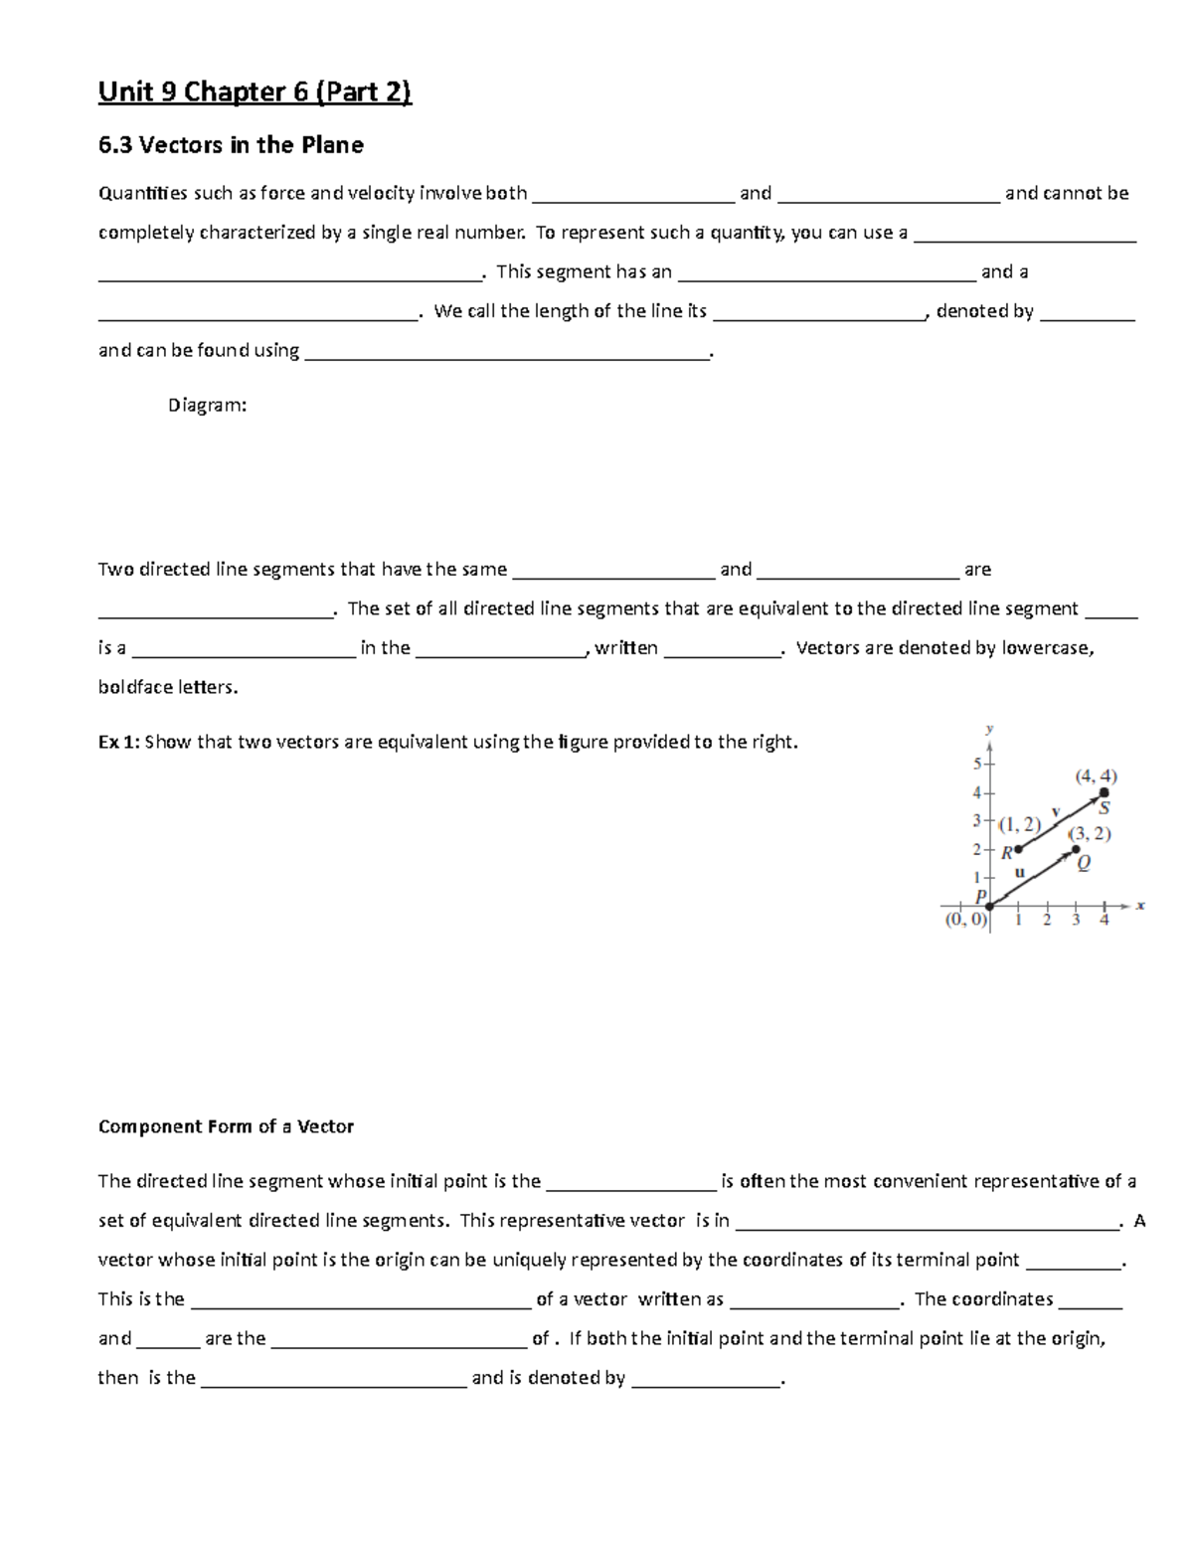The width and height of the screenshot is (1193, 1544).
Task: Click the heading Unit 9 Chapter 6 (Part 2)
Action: click(254, 92)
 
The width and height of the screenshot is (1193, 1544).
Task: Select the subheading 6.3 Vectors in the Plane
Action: click(231, 145)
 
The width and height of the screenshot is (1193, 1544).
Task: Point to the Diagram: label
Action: click(207, 406)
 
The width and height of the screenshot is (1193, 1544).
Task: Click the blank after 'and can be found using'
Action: click(507, 351)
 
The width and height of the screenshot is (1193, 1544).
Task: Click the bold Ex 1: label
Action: click(119, 742)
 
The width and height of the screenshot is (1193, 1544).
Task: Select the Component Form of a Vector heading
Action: click(226, 1126)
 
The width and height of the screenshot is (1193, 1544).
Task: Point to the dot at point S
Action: click(1104, 792)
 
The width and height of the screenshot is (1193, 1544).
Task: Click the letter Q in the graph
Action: click(1084, 864)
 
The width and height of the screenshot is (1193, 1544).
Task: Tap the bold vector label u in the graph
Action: click(1019, 872)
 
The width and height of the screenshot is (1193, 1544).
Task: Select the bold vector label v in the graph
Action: click(1055, 810)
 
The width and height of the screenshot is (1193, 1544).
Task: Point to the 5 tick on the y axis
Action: click(976, 764)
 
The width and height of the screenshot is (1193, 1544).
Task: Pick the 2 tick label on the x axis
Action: click(1046, 921)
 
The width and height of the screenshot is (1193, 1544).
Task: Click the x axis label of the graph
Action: click(1140, 906)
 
